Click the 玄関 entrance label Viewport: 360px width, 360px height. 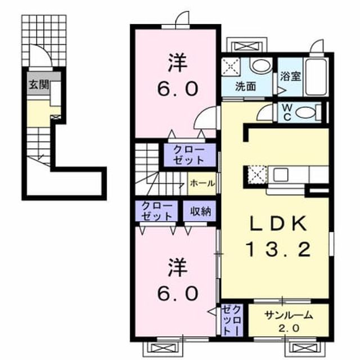tap(39, 85)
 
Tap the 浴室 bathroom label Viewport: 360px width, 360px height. tap(290, 76)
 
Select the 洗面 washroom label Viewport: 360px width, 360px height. tap(245, 87)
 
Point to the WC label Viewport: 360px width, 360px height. tap(287, 112)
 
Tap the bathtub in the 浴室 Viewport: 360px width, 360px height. tap(316, 78)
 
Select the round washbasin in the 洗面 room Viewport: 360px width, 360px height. tap(261, 65)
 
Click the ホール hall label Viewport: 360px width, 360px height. tap(202, 183)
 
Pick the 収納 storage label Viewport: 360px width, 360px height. tap(200, 211)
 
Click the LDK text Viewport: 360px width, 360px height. tap(278, 224)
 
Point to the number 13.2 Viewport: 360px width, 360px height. tap(278, 250)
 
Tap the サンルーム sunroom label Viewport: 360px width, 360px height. tap(289, 316)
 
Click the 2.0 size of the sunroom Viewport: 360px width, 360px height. tap(289, 328)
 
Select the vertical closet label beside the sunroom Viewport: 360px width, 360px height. tap(232, 320)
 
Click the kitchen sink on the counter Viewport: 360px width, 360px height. tap(281, 174)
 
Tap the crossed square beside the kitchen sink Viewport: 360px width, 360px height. tap(258, 175)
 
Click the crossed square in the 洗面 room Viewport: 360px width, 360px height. tap(231, 66)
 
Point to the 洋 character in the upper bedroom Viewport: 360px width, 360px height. tap(178, 62)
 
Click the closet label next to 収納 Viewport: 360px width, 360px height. tap(157, 211)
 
